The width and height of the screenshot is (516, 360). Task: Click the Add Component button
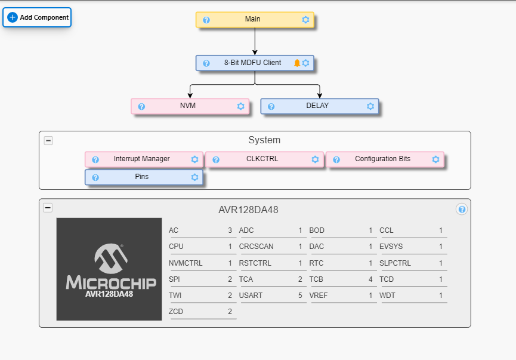pyautogui.click(x=37, y=17)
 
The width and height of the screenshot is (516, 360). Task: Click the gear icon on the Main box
pyautogui.click(x=305, y=20)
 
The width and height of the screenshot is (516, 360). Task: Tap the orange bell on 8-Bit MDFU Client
pyautogui.click(x=297, y=63)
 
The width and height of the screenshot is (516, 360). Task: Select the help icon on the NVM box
pyautogui.click(x=141, y=107)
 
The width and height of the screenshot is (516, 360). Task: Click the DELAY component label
pyautogui.click(x=317, y=106)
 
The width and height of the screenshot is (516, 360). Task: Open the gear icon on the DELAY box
pyautogui.click(x=370, y=106)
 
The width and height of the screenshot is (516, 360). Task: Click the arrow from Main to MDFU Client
pyautogui.click(x=255, y=41)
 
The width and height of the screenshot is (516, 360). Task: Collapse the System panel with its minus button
pyautogui.click(x=48, y=140)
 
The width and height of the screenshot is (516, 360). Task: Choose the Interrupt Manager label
pyautogui.click(x=141, y=159)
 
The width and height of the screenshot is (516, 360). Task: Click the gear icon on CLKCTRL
pyautogui.click(x=315, y=159)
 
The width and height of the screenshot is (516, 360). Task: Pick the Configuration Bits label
pyautogui.click(x=382, y=159)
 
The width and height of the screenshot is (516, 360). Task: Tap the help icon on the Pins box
pyautogui.click(x=95, y=177)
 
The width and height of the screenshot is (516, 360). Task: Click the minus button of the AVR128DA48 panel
pyautogui.click(x=48, y=208)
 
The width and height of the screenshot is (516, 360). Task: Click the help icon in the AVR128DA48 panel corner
pyautogui.click(x=461, y=209)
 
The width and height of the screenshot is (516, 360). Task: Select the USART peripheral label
pyautogui.click(x=251, y=295)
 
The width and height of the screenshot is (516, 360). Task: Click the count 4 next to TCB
pyautogui.click(x=370, y=279)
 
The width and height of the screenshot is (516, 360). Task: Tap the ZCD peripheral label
pyautogui.click(x=177, y=311)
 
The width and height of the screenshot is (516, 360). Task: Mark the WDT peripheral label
pyautogui.click(x=387, y=295)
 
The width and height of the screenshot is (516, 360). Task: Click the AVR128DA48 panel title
pyautogui.click(x=248, y=210)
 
